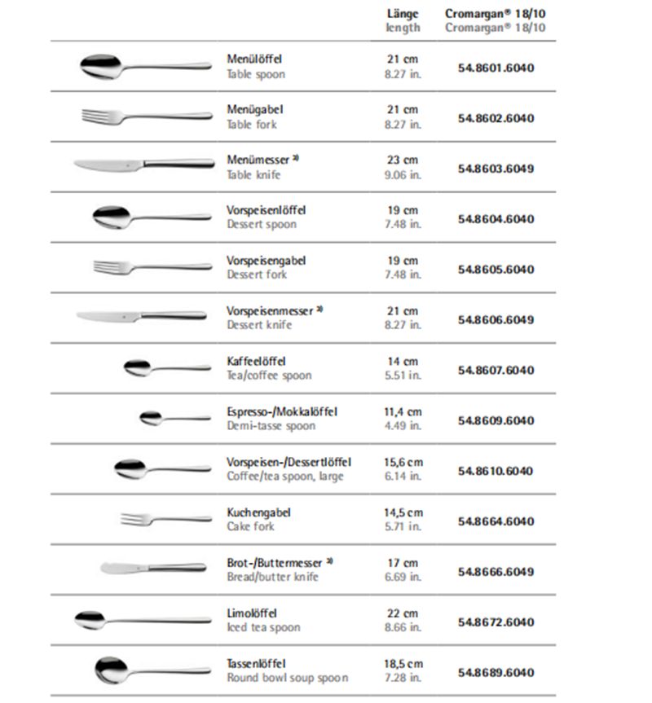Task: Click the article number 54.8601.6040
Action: point(496,68)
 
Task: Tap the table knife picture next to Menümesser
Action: point(142,164)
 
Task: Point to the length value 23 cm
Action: point(403,160)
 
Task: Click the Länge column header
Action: point(403,14)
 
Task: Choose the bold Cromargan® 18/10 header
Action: point(495,14)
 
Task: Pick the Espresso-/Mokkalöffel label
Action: point(281,412)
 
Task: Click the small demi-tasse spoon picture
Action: point(174,419)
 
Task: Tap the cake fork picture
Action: point(165,519)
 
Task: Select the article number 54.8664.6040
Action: point(496,521)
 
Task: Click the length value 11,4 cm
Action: point(403,412)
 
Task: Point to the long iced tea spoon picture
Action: point(142,620)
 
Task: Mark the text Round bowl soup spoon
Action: point(287,678)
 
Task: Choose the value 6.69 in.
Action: point(403,578)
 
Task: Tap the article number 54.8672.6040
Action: point(496,622)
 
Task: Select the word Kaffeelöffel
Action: point(256,361)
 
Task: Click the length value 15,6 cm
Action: point(403,463)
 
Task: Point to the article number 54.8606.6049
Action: point(496,319)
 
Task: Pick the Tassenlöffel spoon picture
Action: point(152,670)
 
